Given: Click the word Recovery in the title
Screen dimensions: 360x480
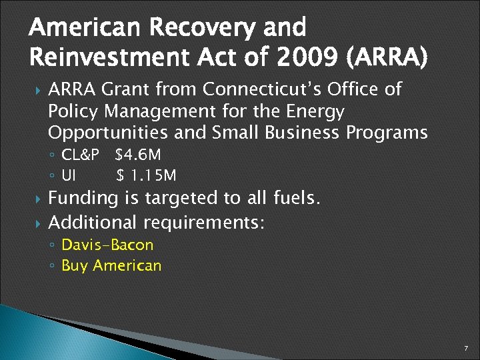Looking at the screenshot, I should click(x=197, y=28).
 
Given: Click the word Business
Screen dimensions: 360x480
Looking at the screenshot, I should click(x=303, y=133).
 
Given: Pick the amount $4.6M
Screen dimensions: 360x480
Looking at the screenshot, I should click(x=137, y=156).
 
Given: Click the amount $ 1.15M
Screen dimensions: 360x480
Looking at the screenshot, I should click(x=146, y=176).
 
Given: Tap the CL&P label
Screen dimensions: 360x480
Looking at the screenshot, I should click(x=80, y=156).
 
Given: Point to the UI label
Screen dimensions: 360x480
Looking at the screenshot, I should click(x=68, y=176).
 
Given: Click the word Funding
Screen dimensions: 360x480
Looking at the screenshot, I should click(x=85, y=199).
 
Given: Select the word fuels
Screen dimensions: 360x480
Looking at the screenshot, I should click(x=297, y=198).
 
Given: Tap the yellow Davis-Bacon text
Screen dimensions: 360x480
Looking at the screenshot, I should click(x=107, y=245).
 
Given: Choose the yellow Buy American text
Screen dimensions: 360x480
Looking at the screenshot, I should click(x=111, y=265).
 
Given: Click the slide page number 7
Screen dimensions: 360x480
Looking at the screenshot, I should click(x=466, y=349).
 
